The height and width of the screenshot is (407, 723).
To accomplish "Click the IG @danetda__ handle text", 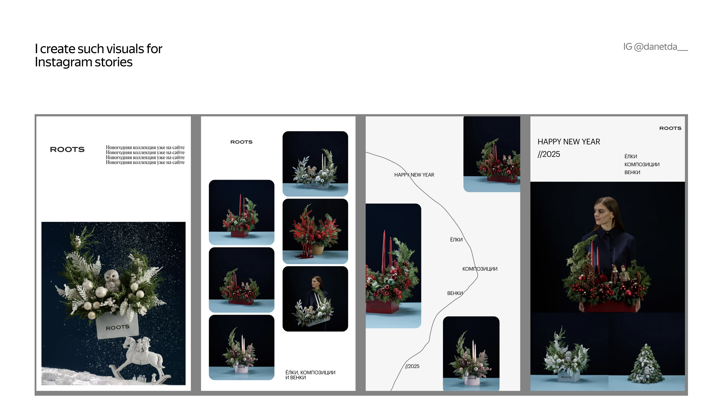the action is pos(655,47).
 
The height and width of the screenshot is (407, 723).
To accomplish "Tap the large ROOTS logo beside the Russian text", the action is pos(67,149).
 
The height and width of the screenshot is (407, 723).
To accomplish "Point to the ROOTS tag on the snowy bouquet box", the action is pos(117,327).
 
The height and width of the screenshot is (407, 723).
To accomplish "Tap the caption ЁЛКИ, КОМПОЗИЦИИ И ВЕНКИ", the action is pos(310,375).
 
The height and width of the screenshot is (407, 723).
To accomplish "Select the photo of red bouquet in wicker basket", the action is pos(315,231).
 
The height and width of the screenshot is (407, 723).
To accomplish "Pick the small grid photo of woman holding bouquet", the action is pos(315,299).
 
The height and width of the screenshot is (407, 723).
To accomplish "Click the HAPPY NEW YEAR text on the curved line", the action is pos(414,175).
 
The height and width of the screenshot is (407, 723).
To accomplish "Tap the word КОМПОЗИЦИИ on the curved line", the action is pos(480,269).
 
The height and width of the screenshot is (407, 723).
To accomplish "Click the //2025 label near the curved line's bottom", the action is pos(412,366).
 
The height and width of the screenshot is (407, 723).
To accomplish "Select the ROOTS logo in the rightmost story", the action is pos(670,128).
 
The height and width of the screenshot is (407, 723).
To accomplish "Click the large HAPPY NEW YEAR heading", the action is pos(569,142).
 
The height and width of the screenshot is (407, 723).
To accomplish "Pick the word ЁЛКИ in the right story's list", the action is pos(631,156).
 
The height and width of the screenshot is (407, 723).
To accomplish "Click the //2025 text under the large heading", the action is pos(549,154).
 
